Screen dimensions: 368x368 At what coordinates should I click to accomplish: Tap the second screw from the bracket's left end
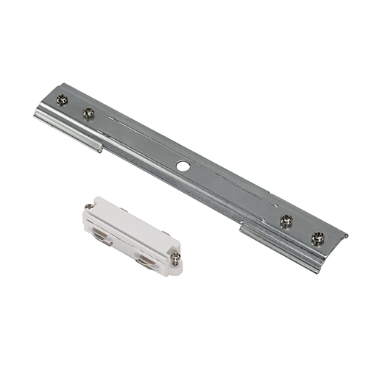point(88,113)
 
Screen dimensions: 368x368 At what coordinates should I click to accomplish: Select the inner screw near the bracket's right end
point(286,219)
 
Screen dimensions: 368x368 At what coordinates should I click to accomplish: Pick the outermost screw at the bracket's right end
point(318,238)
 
